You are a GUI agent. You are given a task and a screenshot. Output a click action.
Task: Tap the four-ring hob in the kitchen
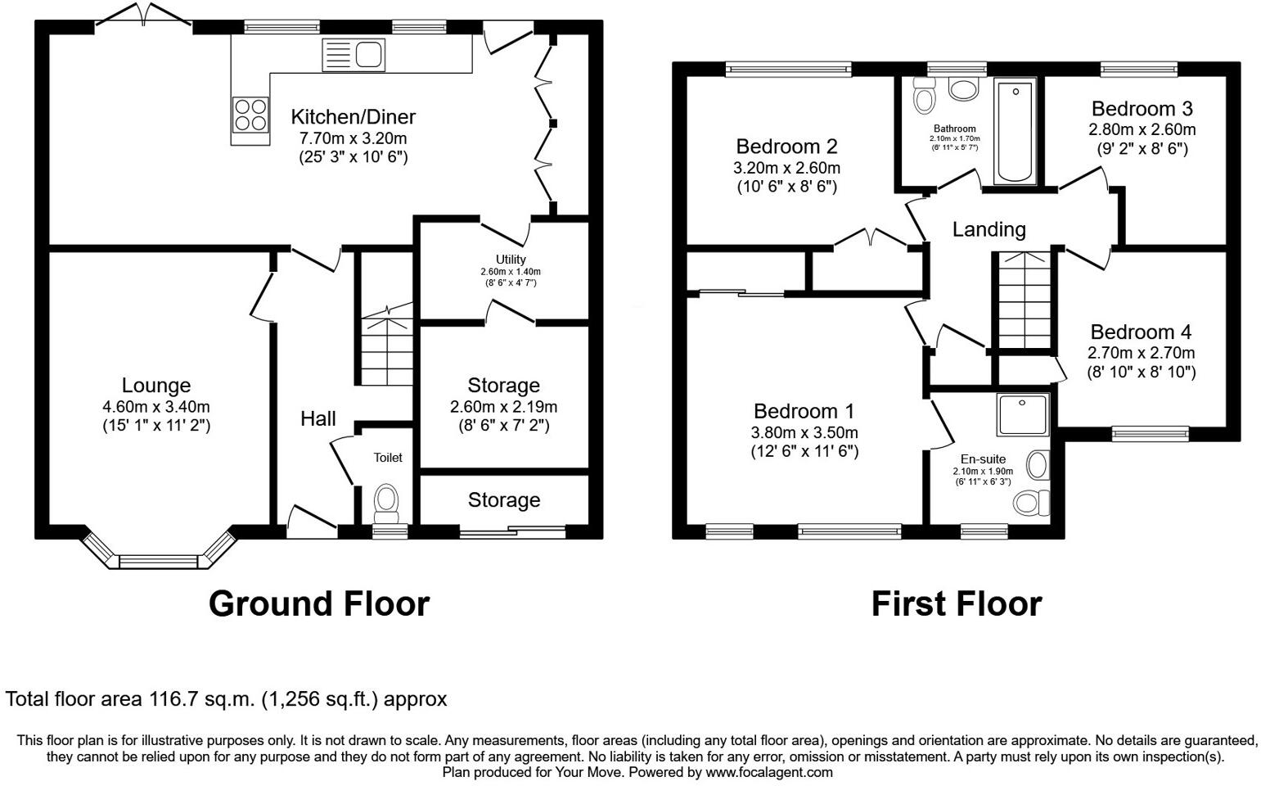pyautogui.click(x=250, y=115)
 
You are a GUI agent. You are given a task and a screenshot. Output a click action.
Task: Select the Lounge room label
pyautogui.click(x=155, y=385)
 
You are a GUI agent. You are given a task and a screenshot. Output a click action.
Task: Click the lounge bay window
pyautogui.click(x=160, y=560)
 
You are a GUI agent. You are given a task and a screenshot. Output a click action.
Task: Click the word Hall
pyautogui.click(x=318, y=419)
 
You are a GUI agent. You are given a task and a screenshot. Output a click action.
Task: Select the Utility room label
pyautogui.click(x=511, y=260)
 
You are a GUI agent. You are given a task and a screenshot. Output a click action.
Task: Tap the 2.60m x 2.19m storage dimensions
pyautogui.click(x=503, y=406)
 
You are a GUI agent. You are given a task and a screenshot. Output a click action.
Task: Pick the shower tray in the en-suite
pyautogui.click(x=1023, y=414)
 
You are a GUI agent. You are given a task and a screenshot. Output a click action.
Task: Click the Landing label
pyautogui.click(x=989, y=230)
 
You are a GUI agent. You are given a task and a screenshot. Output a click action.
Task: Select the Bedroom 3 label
pyautogui.click(x=1142, y=109)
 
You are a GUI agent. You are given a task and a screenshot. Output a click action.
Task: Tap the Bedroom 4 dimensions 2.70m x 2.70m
pyautogui.click(x=1141, y=353)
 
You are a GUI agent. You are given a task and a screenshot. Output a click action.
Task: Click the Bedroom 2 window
pyautogui.click(x=788, y=70)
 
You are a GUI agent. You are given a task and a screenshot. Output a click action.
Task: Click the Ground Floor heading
pyautogui.click(x=318, y=604)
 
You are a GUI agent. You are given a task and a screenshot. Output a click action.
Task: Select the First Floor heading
pyautogui.click(x=956, y=604)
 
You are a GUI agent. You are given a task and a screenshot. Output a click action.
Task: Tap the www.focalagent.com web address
pyautogui.click(x=769, y=772)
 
